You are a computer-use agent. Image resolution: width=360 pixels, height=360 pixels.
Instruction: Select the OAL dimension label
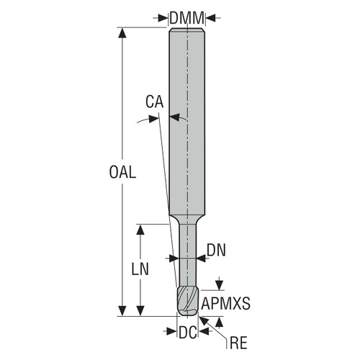[x=123, y=172]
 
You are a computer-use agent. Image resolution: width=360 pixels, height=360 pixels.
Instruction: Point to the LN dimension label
[x=142, y=268]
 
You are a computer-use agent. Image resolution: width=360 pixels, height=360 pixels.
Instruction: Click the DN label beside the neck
[x=216, y=250]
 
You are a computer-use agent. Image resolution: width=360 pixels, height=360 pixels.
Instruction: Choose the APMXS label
[x=225, y=304]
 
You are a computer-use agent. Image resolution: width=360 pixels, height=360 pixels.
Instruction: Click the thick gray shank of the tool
[x=186, y=122]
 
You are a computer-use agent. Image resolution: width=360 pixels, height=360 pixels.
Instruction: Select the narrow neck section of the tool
[x=186, y=252]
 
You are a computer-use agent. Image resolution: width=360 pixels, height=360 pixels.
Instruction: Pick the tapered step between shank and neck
[x=186, y=218]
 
